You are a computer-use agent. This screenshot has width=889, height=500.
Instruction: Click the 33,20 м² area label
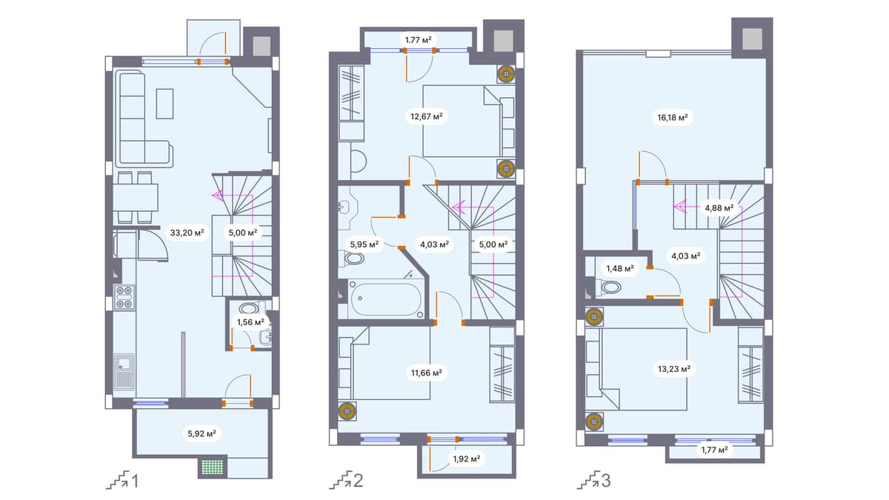click(187, 232)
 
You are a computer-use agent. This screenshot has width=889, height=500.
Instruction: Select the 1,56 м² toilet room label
click(250, 321)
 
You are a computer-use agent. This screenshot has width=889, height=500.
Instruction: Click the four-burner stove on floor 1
click(124, 296)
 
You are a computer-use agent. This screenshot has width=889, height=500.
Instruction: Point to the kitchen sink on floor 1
click(124, 371)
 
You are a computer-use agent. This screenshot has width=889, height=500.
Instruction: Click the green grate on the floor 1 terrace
click(212, 468)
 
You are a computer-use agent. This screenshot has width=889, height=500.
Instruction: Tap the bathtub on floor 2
click(385, 300)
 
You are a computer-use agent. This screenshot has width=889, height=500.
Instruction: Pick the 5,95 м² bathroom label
click(364, 243)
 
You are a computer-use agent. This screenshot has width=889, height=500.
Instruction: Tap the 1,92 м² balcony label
click(466, 459)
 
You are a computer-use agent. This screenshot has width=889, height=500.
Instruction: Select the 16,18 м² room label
click(672, 117)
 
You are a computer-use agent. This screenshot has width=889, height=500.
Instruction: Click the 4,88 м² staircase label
click(718, 208)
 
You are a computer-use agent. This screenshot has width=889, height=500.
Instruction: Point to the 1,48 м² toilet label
click(620, 268)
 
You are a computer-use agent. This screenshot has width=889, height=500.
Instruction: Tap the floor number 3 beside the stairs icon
click(606, 482)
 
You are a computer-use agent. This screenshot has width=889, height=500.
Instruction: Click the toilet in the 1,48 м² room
click(611, 288)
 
